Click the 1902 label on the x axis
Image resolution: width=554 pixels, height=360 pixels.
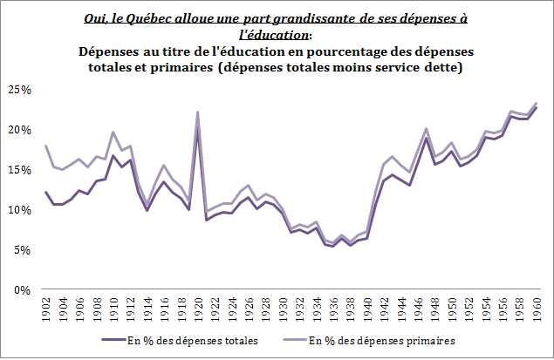45,309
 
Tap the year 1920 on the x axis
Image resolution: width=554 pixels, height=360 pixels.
198,309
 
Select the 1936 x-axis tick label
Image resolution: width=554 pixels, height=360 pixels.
334,309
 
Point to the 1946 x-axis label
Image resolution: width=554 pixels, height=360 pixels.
419,309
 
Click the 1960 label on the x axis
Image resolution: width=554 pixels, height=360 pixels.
537,309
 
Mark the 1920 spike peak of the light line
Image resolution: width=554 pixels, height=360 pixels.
198,112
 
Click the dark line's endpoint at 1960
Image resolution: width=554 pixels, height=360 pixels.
536,107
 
